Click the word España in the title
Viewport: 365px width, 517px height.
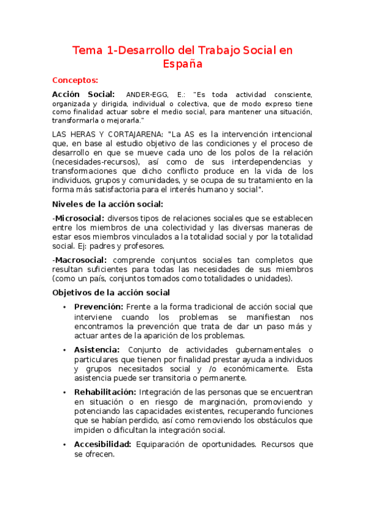click(x=182, y=63)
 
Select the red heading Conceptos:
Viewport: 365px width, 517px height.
click(x=75, y=80)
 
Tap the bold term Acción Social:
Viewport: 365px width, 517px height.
click(x=83, y=94)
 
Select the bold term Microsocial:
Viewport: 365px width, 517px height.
click(x=79, y=218)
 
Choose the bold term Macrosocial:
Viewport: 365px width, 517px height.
click(x=81, y=260)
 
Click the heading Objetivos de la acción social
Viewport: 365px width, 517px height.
click(x=111, y=293)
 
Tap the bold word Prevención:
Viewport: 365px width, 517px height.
click(x=99, y=307)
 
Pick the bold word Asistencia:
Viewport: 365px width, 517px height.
click(x=97, y=349)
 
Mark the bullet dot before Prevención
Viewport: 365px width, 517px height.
click(x=64, y=307)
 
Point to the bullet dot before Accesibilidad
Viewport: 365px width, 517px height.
click(x=64, y=445)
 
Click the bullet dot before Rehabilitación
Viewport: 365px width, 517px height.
click(x=64, y=393)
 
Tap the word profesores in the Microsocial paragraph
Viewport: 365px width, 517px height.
click(x=144, y=246)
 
